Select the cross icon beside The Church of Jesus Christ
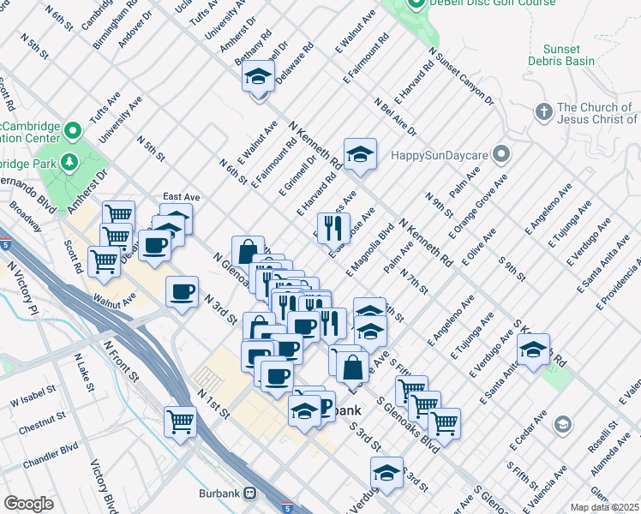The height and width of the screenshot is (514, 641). [542, 111]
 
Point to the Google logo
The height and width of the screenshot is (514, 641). [28, 504]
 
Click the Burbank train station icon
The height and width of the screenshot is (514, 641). [249, 493]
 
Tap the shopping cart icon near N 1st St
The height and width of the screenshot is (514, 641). [181, 420]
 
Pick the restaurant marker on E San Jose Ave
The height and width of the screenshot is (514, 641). [334, 227]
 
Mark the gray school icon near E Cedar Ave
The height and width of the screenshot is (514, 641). [562, 424]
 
